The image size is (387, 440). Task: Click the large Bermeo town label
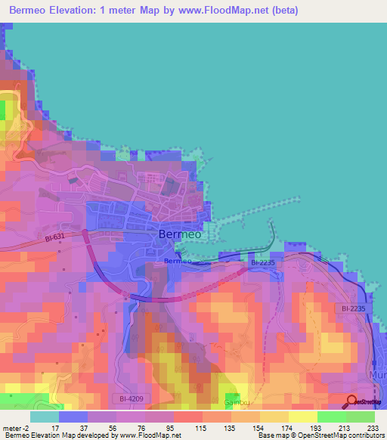click(180, 234)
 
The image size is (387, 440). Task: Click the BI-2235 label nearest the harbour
click(265, 262)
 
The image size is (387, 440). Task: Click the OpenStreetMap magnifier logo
click(352, 401)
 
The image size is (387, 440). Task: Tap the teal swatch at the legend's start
click(44, 417)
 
